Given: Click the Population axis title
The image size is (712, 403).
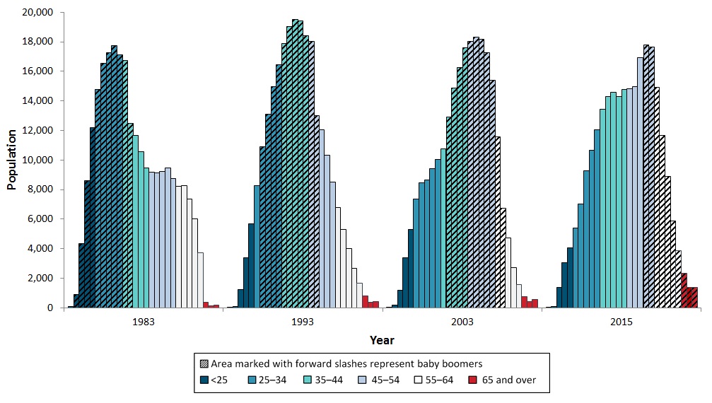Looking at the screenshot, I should pyautogui.click(x=12, y=160).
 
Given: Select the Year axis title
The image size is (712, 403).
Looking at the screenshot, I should pyautogui.click(x=382, y=340).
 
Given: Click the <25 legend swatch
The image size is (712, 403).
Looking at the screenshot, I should pyautogui.click(x=204, y=380).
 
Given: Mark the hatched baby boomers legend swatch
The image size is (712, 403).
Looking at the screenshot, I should pyautogui.click(x=204, y=364).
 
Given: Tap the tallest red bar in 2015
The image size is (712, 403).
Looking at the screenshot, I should pyautogui.click(x=684, y=290).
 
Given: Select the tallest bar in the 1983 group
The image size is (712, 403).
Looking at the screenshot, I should pyautogui.click(x=114, y=177).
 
